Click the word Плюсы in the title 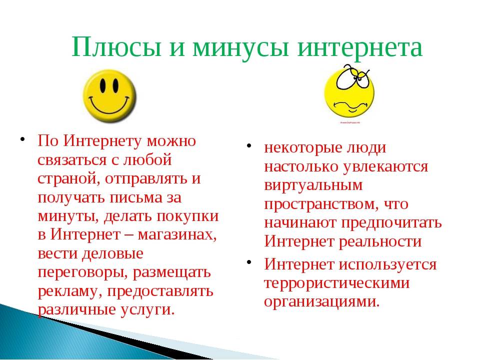[116, 47]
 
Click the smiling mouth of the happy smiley [109, 105]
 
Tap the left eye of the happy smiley [102, 84]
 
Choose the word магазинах [177, 235]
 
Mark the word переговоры [82, 272]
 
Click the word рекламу [70, 291]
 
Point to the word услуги [147, 310]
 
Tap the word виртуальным [313, 185]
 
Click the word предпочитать [391, 222]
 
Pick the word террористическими [336, 283]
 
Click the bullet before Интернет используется [249, 262]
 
